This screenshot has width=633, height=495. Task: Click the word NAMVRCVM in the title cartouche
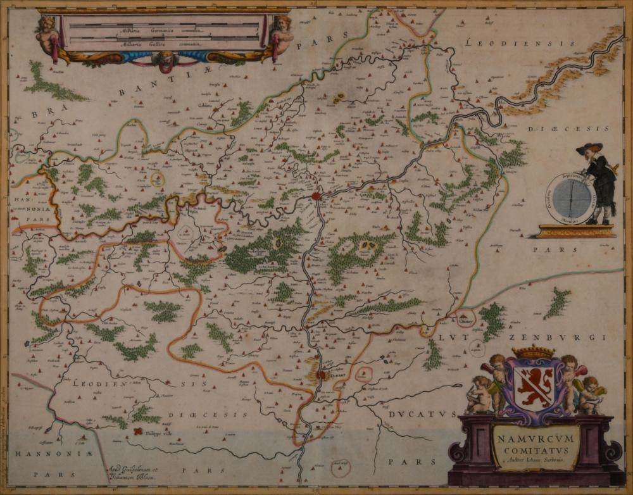point(536,436)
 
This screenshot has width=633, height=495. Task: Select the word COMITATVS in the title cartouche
point(536,448)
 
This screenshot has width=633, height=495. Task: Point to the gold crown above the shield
point(532,352)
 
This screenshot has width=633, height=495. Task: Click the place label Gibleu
point(204,106)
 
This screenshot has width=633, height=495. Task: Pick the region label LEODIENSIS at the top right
point(519,43)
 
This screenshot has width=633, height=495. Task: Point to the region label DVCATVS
point(420,414)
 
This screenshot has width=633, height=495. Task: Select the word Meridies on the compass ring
point(571,223)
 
